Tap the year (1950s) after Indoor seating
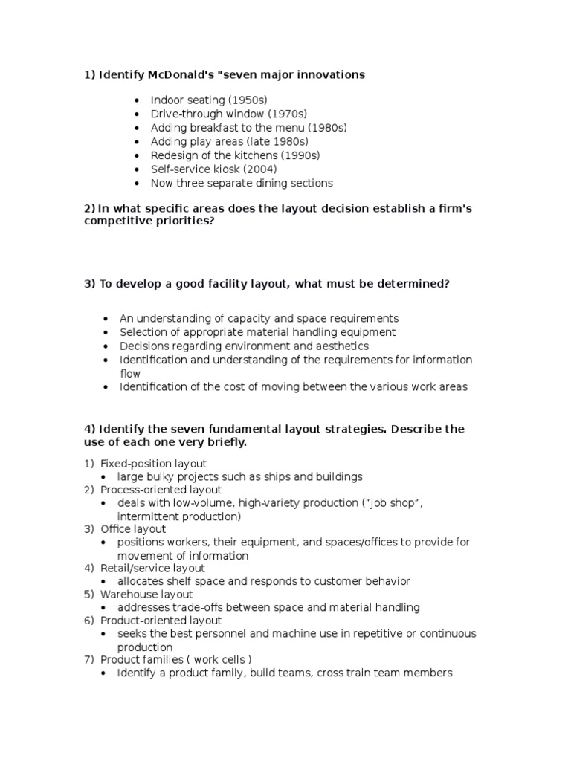tap(248, 100)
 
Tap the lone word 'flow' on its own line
tap(130, 373)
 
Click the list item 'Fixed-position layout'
tap(153, 464)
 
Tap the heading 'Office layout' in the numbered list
tap(133, 529)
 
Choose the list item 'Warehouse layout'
tap(146, 595)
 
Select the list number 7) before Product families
tap(88, 660)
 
